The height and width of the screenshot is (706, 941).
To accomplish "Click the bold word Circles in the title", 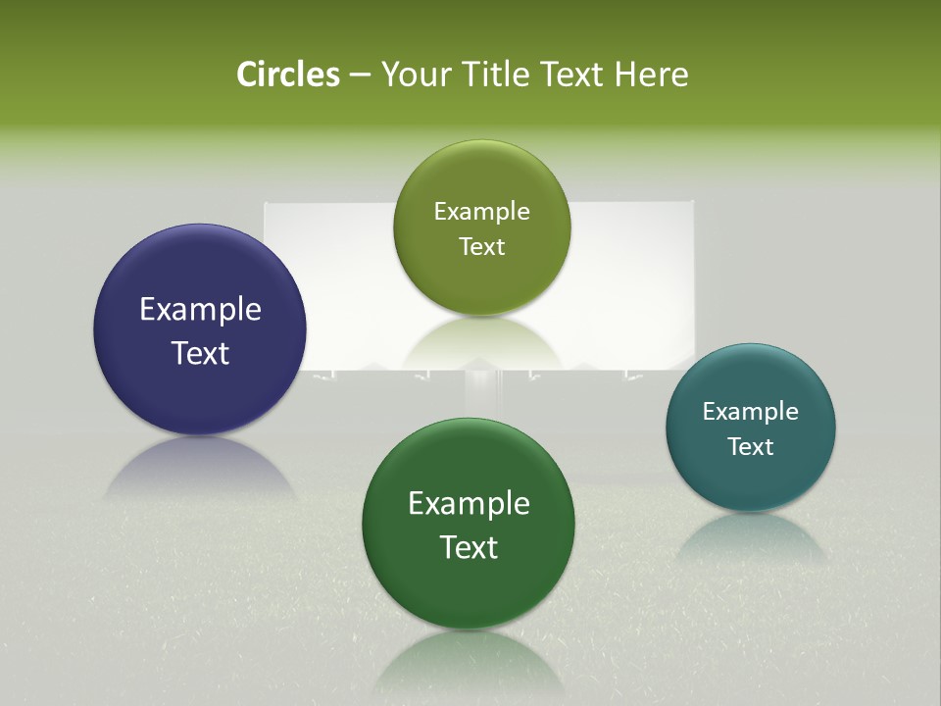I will tap(287, 75).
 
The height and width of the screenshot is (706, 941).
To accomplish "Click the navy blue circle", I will tap(200, 294).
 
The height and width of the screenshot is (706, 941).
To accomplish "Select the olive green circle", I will tap(481, 186).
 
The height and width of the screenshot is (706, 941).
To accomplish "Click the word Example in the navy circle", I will tap(200, 310).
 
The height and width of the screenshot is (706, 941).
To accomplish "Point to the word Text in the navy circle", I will tap(200, 353).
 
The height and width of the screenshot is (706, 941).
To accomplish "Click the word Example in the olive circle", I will tap(481, 212).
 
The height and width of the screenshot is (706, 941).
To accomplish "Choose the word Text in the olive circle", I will tap(481, 247).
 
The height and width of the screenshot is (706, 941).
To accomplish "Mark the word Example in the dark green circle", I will tap(469, 504).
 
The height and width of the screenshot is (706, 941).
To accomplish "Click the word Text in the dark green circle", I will tap(469, 547).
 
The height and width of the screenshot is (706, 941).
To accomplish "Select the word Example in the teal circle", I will tap(751, 412).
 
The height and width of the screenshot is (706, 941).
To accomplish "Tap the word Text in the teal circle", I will tap(751, 447).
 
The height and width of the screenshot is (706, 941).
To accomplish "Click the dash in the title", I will tap(360, 76).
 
